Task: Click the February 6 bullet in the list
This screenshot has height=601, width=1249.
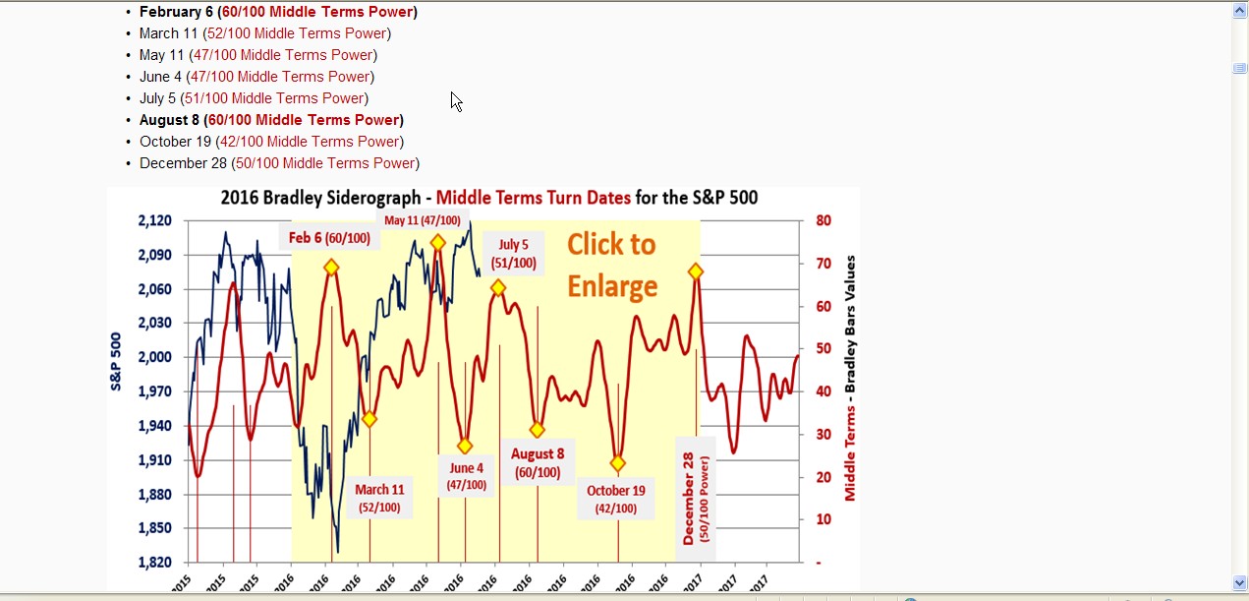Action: (278, 12)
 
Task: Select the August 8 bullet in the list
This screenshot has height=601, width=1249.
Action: (271, 120)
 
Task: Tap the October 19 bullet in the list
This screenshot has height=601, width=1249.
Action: (271, 142)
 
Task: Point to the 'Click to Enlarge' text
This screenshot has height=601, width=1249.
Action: (611, 265)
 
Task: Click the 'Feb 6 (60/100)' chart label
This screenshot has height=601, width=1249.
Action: (329, 238)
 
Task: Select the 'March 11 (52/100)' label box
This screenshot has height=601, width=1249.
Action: (379, 498)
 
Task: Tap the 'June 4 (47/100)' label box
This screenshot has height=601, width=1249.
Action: (466, 476)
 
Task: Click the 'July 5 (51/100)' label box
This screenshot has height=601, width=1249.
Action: (513, 254)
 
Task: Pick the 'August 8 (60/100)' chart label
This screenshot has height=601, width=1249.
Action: (538, 462)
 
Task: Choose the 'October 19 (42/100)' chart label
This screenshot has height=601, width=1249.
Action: (615, 499)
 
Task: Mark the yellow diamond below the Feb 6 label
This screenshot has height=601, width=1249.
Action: (332, 268)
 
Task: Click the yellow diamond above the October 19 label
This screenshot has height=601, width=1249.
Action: (617, 463)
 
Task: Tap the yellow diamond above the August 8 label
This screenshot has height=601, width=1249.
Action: (537, 430)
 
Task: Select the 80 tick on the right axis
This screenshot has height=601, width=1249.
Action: (823, 220)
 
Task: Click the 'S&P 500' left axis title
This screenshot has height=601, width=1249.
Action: (116, 362)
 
